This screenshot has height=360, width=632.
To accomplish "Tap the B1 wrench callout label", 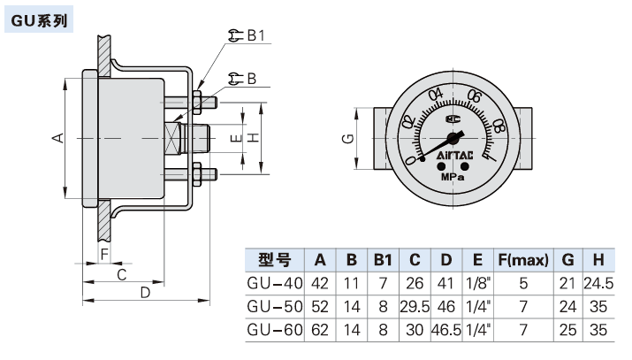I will (255, 36).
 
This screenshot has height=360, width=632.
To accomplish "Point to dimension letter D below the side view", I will (147, 293).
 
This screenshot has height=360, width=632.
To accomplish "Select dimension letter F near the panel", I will (104, 255).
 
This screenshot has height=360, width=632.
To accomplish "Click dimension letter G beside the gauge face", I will (348, 139).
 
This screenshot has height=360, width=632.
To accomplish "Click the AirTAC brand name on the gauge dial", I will (454, 156).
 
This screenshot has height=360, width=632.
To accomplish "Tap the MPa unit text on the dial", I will (454, 174).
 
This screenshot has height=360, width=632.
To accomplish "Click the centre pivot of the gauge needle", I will (454, 137).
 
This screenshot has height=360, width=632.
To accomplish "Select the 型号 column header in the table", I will (274, 260).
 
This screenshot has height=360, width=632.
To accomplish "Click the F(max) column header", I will (523, 260).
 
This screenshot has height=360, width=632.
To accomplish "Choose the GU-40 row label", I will (274, 284).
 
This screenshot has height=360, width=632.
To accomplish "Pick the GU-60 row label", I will (274, 330).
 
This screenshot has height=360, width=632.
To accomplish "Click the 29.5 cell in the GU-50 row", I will (414, 307).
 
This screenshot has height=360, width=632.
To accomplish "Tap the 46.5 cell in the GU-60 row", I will (445, 330).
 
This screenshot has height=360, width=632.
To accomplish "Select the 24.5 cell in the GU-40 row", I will (598, 284).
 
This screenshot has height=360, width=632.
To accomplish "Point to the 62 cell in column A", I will (320, 330).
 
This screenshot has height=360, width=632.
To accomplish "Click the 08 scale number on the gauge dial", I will (500, 126).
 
